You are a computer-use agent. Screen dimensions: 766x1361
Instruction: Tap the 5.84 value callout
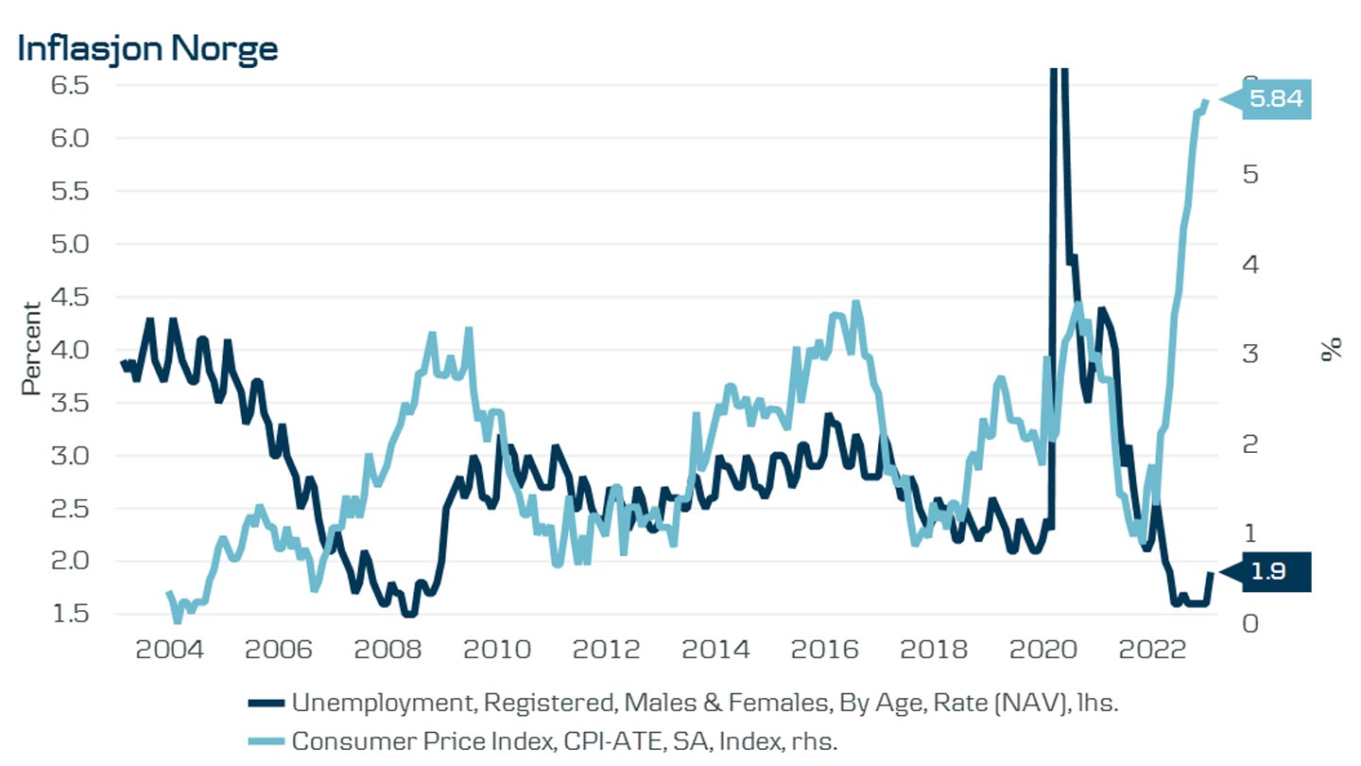pyautogui.click(x=1275, y=98)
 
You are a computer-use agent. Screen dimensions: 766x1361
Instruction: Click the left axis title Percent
pyautogui.click(x=32, y=348)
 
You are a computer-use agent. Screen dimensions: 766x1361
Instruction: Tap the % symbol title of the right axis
pyautogui.click(x=1332, y=349)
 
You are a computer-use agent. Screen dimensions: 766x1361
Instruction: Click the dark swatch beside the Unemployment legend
pyautogui.click(x=266, y=703)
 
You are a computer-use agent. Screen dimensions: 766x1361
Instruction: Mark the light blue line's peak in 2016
pyautogui.click(x=855, y=304)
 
